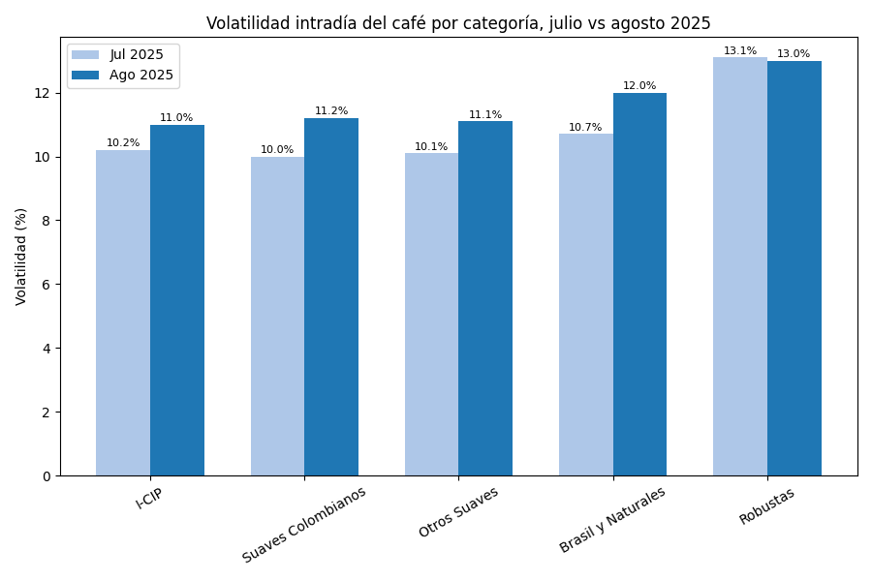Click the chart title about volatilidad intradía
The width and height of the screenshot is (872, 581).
click(458, 23)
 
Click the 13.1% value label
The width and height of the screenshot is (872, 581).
click(740, 51)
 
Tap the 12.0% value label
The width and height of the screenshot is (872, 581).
click(639, 86)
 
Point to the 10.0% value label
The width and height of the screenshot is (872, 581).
click(277, 150)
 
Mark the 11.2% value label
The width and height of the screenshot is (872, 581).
click(331, 111)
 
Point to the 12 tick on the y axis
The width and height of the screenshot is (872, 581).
click(42, 93)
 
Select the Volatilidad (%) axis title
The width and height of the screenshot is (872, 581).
click(21, 257)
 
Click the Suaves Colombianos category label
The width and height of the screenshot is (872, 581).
click(305, 524)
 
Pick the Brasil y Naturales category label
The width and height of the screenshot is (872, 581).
click(613, 520)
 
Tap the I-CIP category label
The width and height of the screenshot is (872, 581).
click(149, 498)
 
